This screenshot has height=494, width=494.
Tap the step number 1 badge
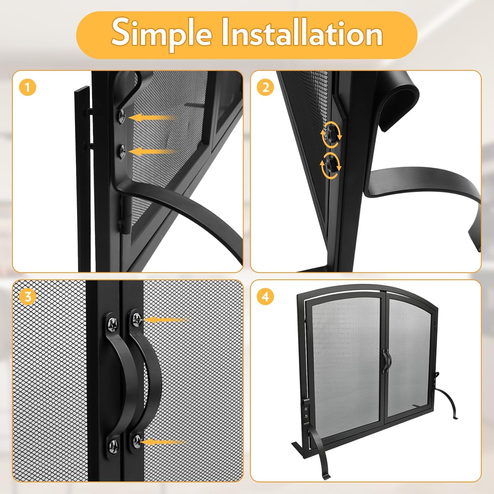pos(27,88)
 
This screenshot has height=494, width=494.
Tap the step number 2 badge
pos(265,88)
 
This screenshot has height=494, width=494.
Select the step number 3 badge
pos(27,296)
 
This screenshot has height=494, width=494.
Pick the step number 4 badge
pos(265,296)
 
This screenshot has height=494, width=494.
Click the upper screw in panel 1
pos(122,116)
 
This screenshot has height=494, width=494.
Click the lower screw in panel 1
pos(122,151)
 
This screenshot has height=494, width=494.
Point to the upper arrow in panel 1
pos(151,117)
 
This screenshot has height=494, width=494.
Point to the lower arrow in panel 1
pos(151,152)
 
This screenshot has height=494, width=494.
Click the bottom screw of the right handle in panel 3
pos(137,441)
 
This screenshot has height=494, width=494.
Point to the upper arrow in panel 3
pos(166,319)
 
